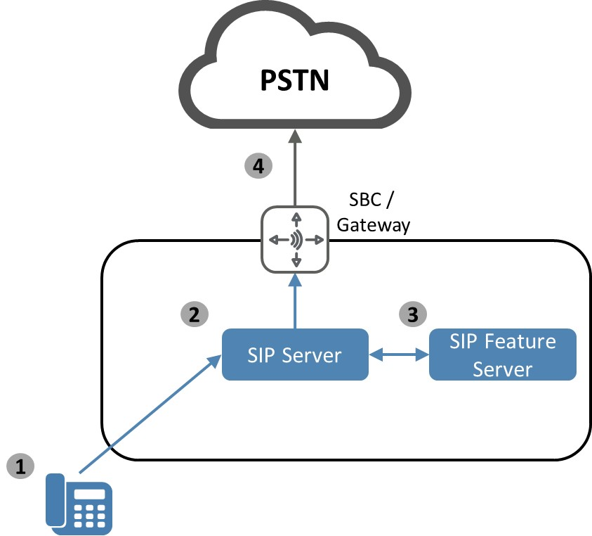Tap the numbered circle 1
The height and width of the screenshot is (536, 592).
(x=21, y=466)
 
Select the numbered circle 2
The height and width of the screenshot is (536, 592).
(x=195, y=314)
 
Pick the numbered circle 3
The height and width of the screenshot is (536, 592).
(x=413, y=314)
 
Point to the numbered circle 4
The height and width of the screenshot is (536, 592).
(x=258, y=167)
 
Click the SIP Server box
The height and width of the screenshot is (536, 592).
(x=295, y=355)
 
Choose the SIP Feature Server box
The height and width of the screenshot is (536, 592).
(x=502, y=355)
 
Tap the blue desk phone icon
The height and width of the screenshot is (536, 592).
(x=79, y=502)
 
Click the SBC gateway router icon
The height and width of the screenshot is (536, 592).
(x=296, y=239)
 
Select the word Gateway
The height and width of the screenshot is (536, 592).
(x=373, y=226)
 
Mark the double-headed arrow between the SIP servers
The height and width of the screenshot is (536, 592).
(x=399, y=355)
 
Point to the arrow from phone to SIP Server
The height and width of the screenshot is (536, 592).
(x=147, y=416)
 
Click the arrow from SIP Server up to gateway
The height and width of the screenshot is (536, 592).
(x=296, y=302)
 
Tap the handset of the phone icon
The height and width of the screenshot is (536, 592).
(x=57, y=501)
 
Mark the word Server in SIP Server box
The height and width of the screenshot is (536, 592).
(x=315, y=355)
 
